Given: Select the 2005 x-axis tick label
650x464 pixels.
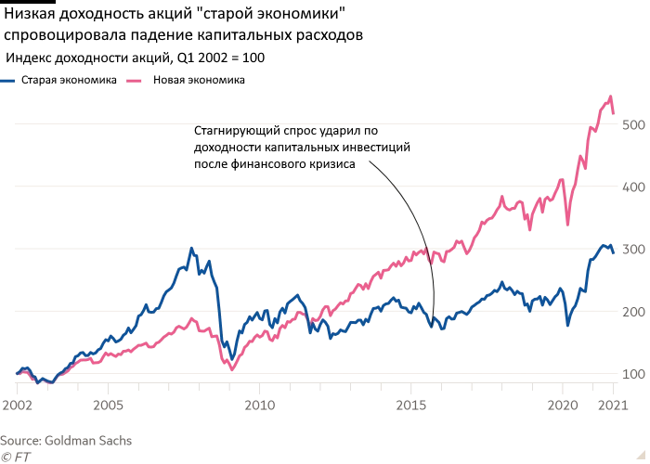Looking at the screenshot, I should tap(109, 406).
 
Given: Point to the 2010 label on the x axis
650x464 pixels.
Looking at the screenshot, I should tap(260, 406).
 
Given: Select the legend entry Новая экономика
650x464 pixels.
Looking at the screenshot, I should tap(199, 81).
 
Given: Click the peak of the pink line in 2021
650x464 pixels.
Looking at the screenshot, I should tap(610, 96).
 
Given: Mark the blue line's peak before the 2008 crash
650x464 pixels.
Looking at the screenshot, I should tap(191, 249).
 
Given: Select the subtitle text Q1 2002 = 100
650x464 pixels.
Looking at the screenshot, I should tap(220, 58).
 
